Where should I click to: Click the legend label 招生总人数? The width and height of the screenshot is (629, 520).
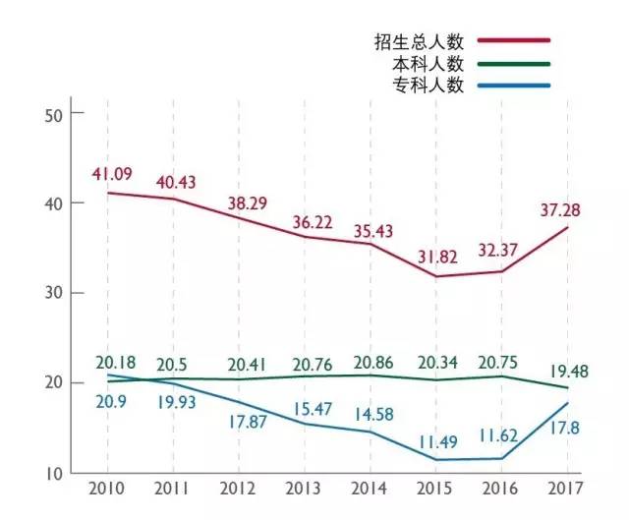tap(419, 41)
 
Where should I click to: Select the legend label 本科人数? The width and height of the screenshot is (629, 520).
tap(428, 63)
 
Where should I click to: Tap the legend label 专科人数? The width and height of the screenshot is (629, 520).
tap(428, 85)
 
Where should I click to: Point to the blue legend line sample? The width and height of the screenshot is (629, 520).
tap(514, 86)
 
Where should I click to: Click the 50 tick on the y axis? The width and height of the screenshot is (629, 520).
tap(53, 113)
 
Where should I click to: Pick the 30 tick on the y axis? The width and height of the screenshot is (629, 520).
tap(53, 293)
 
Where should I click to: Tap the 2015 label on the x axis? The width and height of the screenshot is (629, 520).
tap(434, 488)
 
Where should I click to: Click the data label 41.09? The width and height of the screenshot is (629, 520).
tap(112, 174)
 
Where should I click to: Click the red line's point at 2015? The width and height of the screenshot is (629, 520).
tap(434, 276)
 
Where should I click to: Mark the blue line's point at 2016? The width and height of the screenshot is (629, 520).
tap(501, 458)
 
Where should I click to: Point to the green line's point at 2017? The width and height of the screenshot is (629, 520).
tap(567, 387)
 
